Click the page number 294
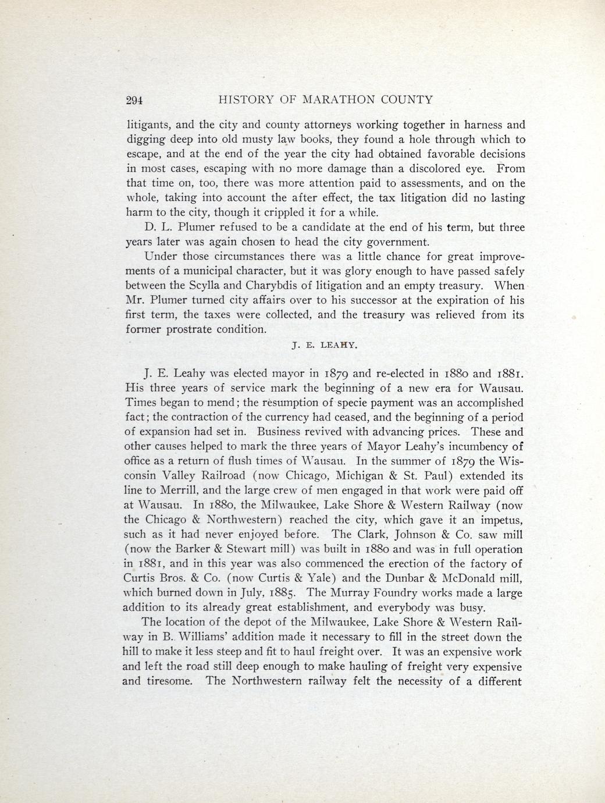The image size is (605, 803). [x=135, y=100]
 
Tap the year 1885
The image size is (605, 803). [x=282, y=594]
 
